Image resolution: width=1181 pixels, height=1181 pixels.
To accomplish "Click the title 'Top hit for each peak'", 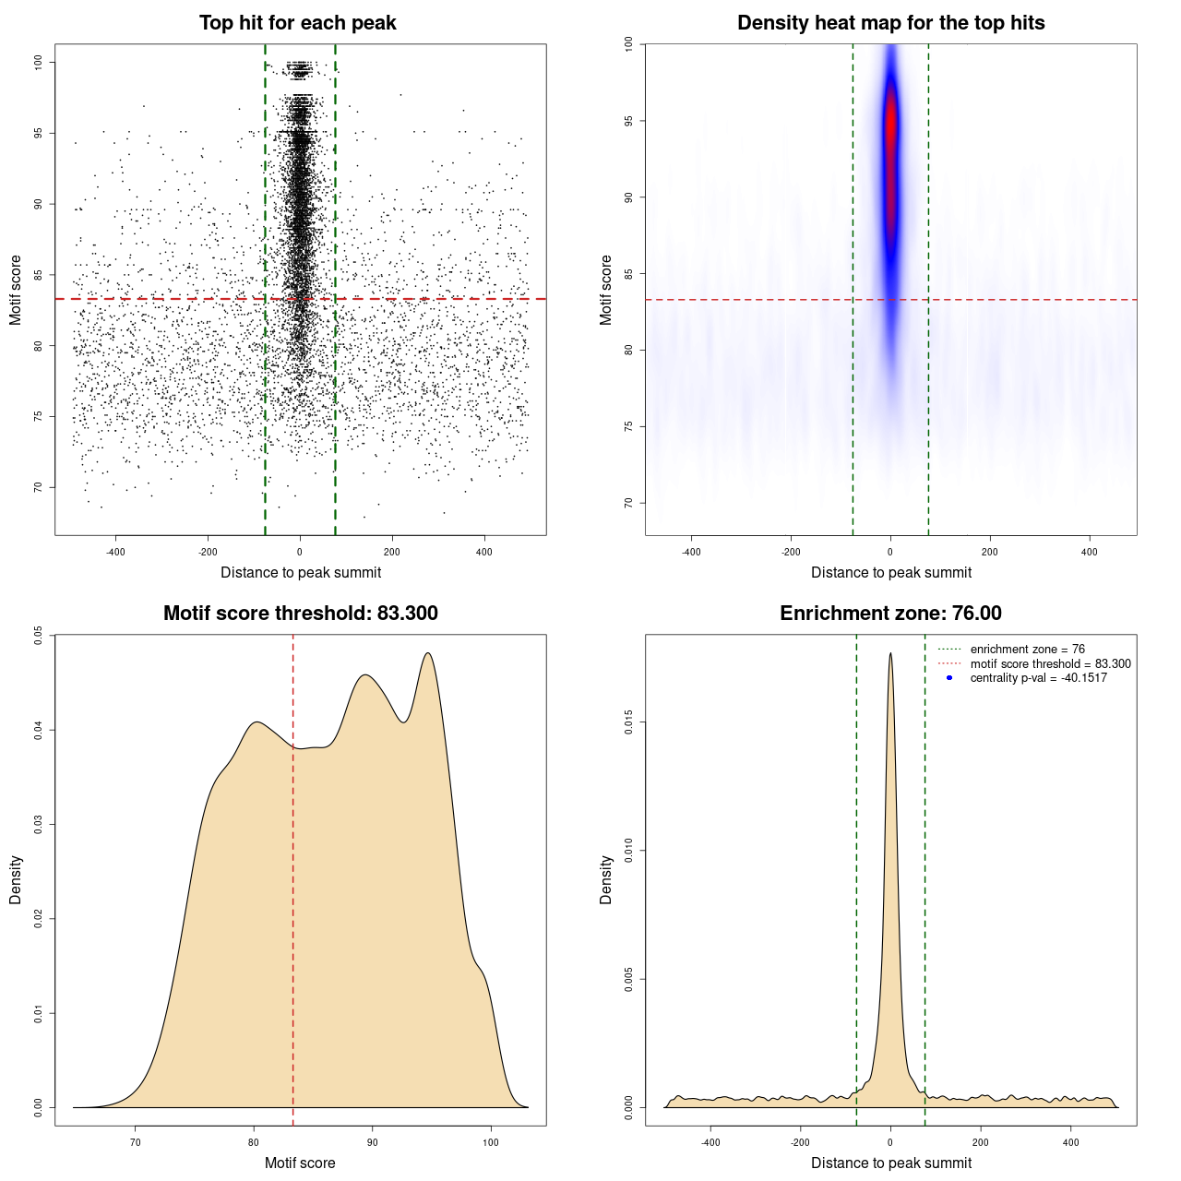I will pyautogui.click(x=297, y=23).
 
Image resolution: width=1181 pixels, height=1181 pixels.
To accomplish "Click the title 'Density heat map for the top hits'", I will pyautogui.click(x=890, y=23).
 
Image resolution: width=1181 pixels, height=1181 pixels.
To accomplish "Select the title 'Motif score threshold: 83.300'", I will pyautogui.click(x=300, y=614).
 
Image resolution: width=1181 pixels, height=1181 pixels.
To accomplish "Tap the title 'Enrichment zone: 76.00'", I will pyautogui.click(x=890, y=614).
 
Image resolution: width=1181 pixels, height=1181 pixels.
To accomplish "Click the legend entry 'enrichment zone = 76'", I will pyautogui.click(x=1027, y=650).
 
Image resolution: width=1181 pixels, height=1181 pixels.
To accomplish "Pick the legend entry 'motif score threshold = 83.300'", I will pyautogui.click(x=1050, y=664).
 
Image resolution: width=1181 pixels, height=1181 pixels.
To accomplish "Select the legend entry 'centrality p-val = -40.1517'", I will pyautogui.click(x=1038, y=678).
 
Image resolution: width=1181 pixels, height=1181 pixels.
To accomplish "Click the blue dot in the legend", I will pyautogui.click(x=949, y=678).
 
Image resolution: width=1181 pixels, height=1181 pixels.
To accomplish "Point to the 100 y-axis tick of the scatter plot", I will pyautogui.click(x=39, y=62).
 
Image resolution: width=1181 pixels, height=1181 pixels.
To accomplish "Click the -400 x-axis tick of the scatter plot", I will pyautogui.click(x=115, y=552).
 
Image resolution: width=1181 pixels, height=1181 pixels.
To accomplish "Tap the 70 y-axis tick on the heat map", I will pyautogui.click(x=628, y=503).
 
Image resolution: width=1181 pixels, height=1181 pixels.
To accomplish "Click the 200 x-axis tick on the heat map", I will pyautogui.click(x=990, y=552).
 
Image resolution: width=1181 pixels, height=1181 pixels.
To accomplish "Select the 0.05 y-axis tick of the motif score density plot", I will pyautogui.click(x=39, y=635).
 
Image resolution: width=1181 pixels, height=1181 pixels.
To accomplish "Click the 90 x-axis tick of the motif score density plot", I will pyautogui.click(x=372, y=1142).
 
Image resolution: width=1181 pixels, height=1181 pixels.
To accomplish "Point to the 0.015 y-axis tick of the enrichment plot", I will pyautogui.click(x=628, y=722).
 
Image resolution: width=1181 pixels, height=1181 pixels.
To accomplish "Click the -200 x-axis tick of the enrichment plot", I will pyautogui.click(x=801, y=1142).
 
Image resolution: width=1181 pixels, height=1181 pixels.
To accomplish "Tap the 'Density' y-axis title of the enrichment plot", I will pyautogui.click(x=606, y=879).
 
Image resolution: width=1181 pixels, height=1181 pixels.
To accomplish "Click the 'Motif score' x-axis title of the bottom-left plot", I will pyautogui.click(x=300, y=1163).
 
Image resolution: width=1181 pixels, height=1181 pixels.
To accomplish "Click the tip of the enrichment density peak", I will pyautogui.click(x=890, y=654).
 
